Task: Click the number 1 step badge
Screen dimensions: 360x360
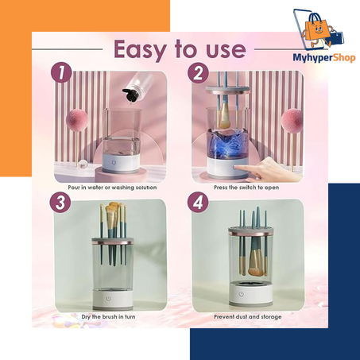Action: pos(61,72)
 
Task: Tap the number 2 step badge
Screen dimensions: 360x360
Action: pos(199,73)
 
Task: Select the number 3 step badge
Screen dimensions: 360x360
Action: pos(60,203)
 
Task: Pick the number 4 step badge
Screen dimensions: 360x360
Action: pos(198,203)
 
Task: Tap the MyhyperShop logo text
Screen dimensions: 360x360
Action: pos(324,57)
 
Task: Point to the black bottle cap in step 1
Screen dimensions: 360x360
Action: pos(130,95)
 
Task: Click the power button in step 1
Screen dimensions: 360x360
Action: pos(114,162)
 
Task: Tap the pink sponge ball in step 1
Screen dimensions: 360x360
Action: pos(76,120)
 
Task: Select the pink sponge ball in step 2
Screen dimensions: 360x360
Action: pos(292,120)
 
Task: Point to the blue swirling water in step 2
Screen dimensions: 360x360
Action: pos(227,144)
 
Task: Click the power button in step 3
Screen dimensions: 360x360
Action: pos(109,299)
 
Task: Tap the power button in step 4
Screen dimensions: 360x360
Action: pos(241,294)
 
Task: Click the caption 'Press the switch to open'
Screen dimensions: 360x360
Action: pos(246,188)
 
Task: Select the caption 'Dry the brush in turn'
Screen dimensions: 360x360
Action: pos(108,317)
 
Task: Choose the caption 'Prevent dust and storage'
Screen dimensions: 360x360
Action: pos(248,317)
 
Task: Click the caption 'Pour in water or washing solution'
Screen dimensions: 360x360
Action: pos(112,188)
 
